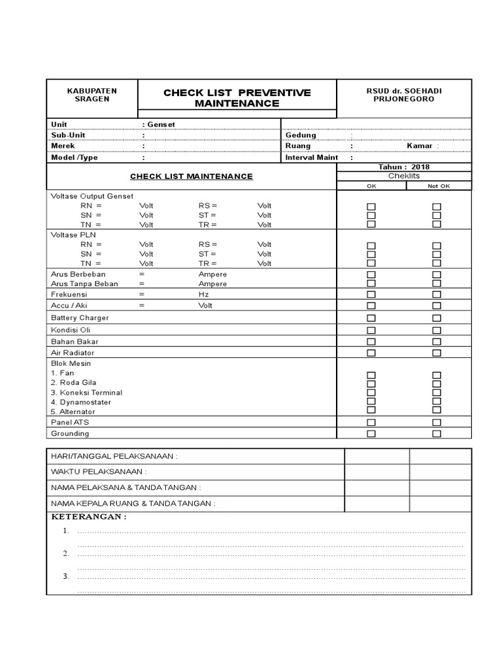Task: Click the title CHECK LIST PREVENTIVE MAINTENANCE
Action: pos(237,98)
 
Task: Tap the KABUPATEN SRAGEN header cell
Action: pos(92,94)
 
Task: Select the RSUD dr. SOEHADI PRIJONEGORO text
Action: pos(403,94)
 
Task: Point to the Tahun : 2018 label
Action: pos(404,167)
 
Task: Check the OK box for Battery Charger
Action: pos(371,318)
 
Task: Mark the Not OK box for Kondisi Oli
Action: pos(437,330)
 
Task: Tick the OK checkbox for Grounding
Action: pos(371,434)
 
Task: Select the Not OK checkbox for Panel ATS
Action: pos(437,423)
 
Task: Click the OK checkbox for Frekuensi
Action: pos(371,295)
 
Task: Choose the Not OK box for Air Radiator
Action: pos(437,353)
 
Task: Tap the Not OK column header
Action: pos(439,186)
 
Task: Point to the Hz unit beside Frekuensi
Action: pos(203,295)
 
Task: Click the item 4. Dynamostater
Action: pos(81,402)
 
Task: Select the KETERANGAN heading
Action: pos(89,517)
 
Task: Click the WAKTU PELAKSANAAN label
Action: pos(99,471)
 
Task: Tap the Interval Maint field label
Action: pos(312,157)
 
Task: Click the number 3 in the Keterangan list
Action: pos(66,576)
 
